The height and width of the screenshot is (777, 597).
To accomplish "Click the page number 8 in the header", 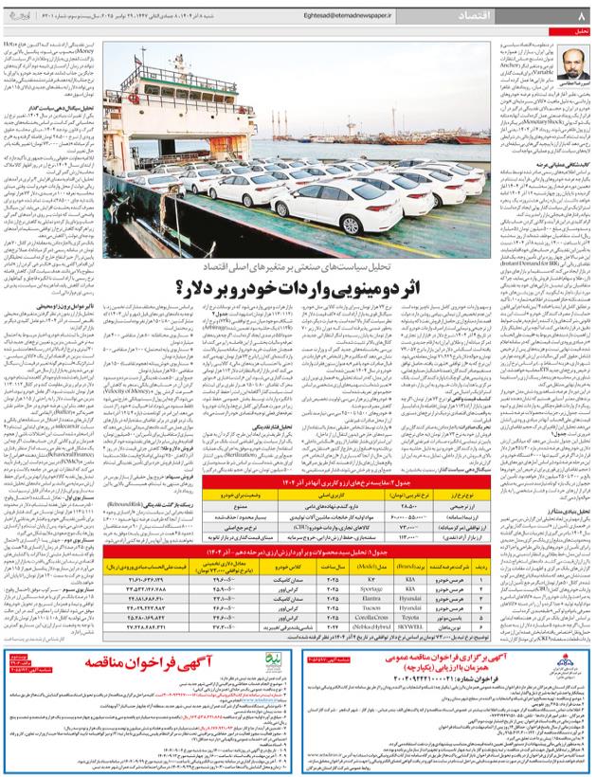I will (x=581, y=16).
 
